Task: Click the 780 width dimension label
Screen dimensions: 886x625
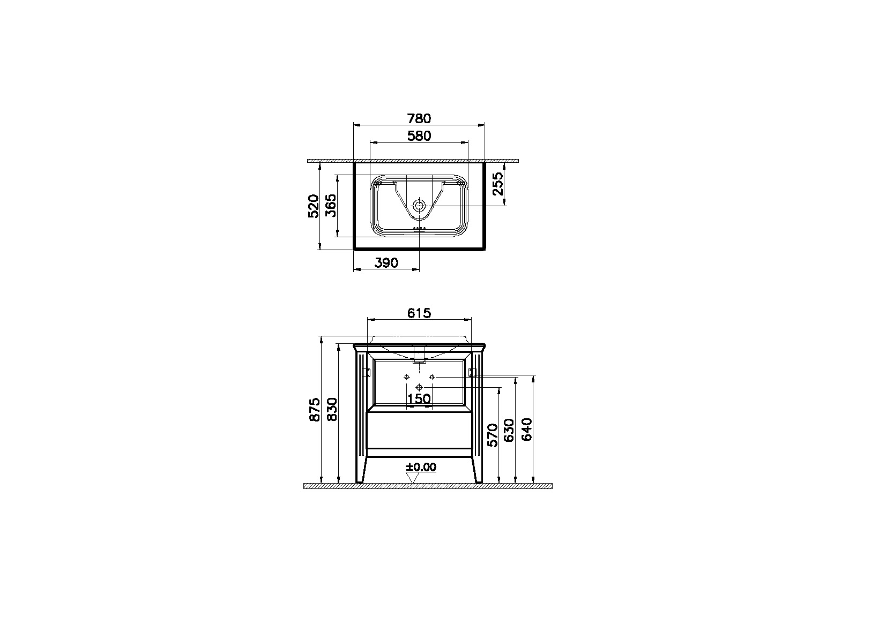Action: [x=419, y=118]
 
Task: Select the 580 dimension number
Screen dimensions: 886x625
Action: [x=419, y=135]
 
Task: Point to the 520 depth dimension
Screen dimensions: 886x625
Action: [x=313, y=206]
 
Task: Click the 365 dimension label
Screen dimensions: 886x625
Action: [x=331, y=206]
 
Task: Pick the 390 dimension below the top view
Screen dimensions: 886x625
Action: [x=386, y=262]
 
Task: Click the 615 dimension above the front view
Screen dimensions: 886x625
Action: [x=419, y=313]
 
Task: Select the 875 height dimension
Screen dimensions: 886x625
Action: [x=315, y=410]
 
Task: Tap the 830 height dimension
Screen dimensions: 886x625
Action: [x=332, y=410]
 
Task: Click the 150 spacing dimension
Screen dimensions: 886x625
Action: [x=419, y=399]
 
